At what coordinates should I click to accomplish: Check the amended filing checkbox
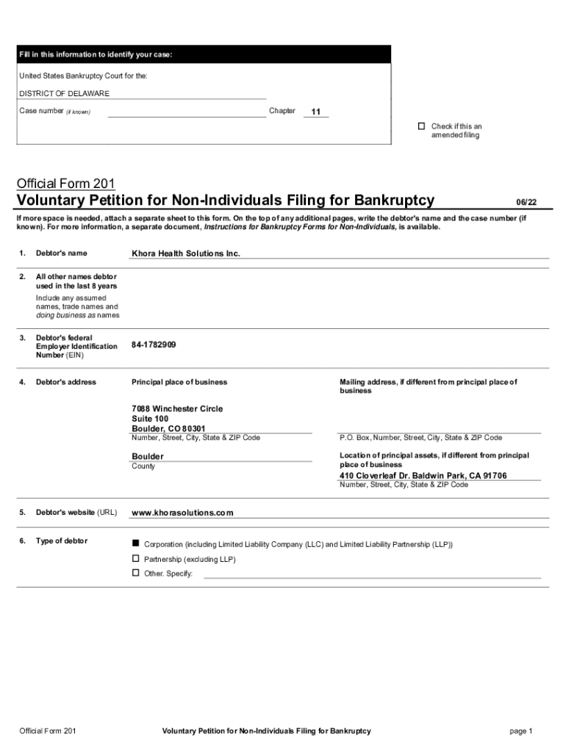pos(421,126)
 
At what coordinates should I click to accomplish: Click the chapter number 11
pos(315,112)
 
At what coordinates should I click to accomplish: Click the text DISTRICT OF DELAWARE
pos(64,94)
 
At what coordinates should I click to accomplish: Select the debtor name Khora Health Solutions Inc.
pos(186,253)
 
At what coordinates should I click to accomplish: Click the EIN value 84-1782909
pos(154,344)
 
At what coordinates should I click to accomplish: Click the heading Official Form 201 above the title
pos(65,183)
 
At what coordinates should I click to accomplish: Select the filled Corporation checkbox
pos(135,543)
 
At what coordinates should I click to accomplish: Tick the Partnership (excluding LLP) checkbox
pos(135,559)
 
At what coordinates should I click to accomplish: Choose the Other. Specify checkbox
pos(135,573)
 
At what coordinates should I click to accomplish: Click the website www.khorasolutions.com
pos(182,513)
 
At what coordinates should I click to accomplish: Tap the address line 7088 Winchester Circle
pos(177,408)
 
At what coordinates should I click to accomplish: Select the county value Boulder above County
pos(148,456)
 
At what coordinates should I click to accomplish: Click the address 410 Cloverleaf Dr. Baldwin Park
pos(423,476)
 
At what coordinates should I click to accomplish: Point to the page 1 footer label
pos(520,731)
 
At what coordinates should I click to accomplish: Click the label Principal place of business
pos(179,382)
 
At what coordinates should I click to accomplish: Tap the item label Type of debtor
pos(62,541)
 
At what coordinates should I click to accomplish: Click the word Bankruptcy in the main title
pos(394,200)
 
